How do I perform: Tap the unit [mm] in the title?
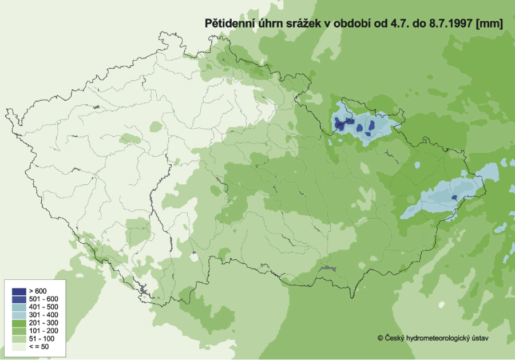(493, 23)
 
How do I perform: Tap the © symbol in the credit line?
(380, 338)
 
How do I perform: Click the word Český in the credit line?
(394, 338)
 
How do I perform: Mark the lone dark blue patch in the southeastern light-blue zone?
(454, 197)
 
